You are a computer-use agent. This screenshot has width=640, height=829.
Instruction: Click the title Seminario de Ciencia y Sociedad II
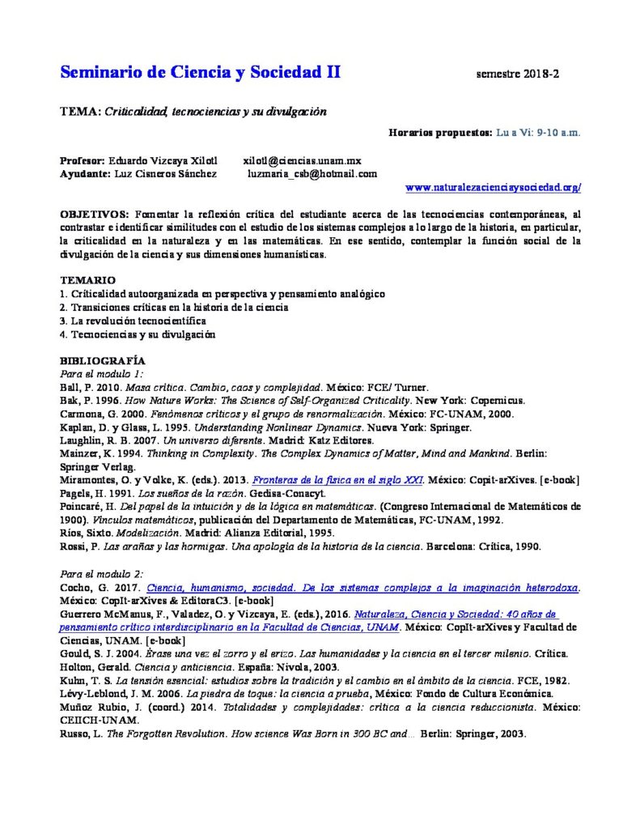click(201, 73)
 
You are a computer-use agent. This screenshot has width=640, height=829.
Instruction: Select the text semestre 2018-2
click(519, 74)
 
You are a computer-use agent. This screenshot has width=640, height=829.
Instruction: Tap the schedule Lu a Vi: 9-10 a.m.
click(538, 132)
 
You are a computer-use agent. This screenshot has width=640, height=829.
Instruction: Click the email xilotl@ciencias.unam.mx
click(303, 160)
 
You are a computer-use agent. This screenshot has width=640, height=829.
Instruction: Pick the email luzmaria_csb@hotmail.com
click(312, 173)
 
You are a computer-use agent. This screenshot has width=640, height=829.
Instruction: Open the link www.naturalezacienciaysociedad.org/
click(493, 188)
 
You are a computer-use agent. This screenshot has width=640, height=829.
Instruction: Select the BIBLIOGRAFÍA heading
click(103, 360)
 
